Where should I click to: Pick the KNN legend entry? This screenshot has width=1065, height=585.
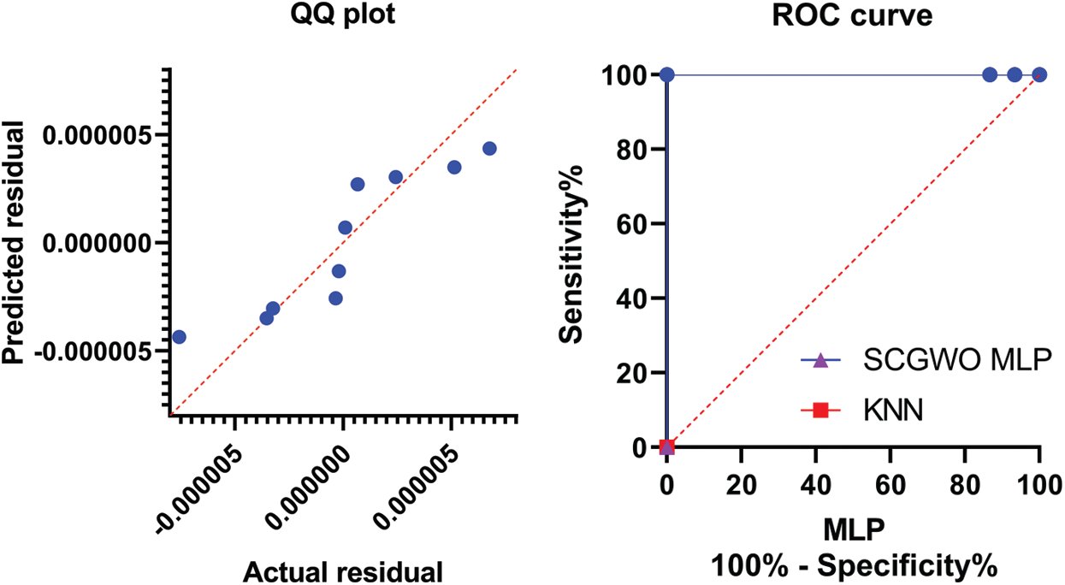click(x=882, y=411)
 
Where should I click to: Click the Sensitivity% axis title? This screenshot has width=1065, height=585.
click(x=571, y=260)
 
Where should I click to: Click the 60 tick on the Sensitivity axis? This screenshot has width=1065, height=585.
click(x=631, y=224)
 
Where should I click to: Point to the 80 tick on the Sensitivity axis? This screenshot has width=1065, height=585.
click(x=631, y=150)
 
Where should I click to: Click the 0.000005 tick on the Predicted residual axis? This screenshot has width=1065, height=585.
click(x=99, y=135)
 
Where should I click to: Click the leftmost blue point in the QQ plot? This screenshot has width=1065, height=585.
click(x=179, y=337)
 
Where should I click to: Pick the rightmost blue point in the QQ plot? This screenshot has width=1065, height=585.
click(x=489, y=149)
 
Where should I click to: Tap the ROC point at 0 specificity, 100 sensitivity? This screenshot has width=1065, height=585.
click(x=667, y=75)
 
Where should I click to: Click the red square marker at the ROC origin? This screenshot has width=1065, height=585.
click(x=667, y=446)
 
